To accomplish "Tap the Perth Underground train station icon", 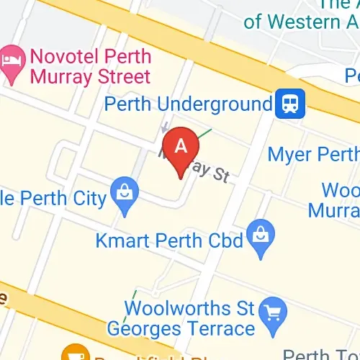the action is tap(291, 104).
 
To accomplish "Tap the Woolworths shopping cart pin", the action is tap(273, 311).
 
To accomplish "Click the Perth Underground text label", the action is tap(189, 104).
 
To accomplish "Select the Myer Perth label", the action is tap(313, 154).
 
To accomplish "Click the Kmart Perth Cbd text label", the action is tap(169, 240).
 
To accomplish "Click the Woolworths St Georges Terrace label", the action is tap(181, 320).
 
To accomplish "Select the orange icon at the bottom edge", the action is tap(73, 354).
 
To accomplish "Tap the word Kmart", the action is tap(120, 240).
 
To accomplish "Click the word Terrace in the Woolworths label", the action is tap(222, 330).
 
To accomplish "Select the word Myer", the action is tap(289, 154).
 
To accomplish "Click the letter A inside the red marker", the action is tap(181, 145).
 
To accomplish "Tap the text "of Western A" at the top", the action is tap(300, 22).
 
